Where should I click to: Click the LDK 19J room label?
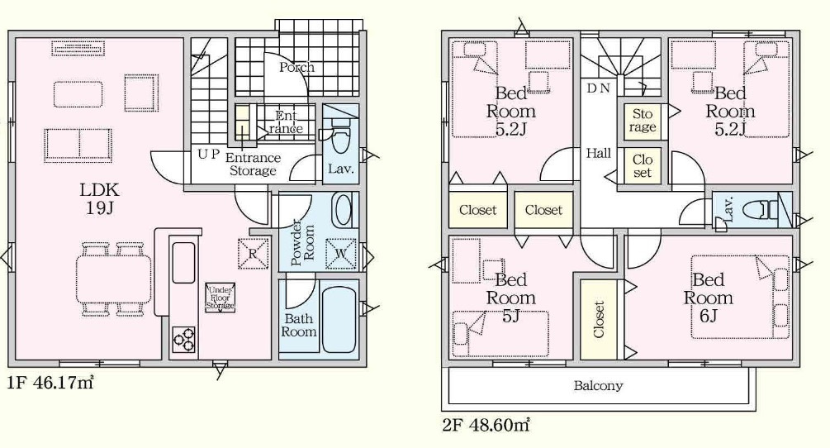(99, 198)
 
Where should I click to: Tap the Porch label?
(296, 67)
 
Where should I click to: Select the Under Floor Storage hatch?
(220, 298)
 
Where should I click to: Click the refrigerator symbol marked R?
(253, 254)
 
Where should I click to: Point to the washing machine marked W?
(340, 255)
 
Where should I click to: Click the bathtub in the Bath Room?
(339, 320)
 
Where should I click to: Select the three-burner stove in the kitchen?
(183, 339)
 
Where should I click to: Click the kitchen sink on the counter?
(183, 263)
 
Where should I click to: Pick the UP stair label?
(208, 154)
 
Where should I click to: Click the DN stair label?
(598, 88)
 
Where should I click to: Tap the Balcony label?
(598, 385)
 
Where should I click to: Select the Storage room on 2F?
(642, 122)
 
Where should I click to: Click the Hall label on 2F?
(598, 154)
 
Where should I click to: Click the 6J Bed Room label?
(708, 298)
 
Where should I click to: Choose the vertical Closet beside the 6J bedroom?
(599, 319)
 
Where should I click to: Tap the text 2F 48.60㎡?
(486, 425)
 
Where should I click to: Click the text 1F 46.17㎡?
(50, 383)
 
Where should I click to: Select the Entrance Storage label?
(253, 164)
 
